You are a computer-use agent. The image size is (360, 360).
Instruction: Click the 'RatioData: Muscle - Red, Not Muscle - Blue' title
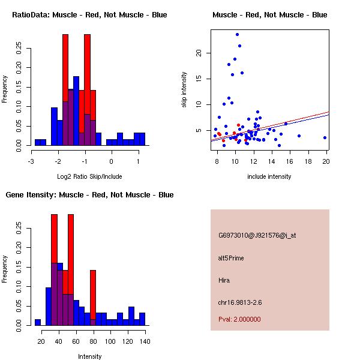(x=89, y=15)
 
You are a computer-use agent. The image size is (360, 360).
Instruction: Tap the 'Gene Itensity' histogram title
(x=89, y=195)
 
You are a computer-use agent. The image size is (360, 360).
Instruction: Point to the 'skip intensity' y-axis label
(x=184, y=90)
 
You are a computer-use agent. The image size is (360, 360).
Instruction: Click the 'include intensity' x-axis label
(x=269, y=176)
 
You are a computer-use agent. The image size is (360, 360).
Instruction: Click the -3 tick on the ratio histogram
(x=32, y=161)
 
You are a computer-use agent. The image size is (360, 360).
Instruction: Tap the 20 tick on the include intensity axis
(x=326, y=161)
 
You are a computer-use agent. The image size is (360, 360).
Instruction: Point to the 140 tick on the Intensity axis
(x=145, y=341)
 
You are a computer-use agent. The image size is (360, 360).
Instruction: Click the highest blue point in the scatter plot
(x=237, y=34)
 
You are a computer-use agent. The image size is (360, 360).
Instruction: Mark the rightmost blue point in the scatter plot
(x=325, y=137)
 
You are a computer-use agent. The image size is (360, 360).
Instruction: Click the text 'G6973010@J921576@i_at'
(x=257, y=235)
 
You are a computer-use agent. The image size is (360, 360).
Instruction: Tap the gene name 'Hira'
(x=224, y=280)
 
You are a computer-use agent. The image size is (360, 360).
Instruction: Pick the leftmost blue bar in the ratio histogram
(x=40, y=142)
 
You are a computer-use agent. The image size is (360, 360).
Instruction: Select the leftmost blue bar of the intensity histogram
(x=37, y=322)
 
